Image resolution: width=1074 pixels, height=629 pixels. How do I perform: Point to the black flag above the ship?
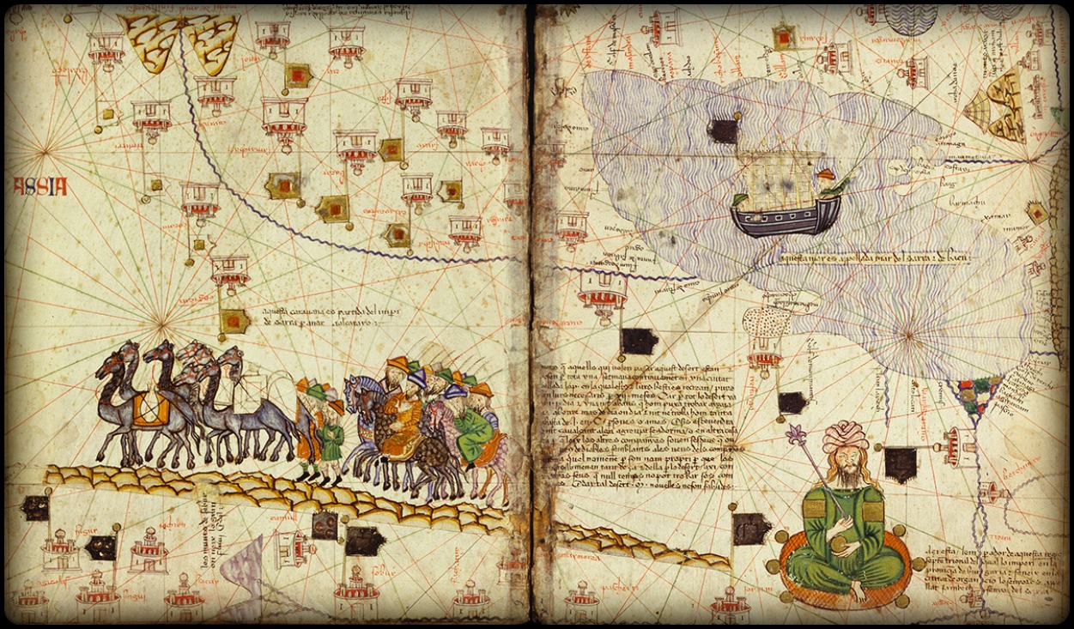(724, 130)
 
